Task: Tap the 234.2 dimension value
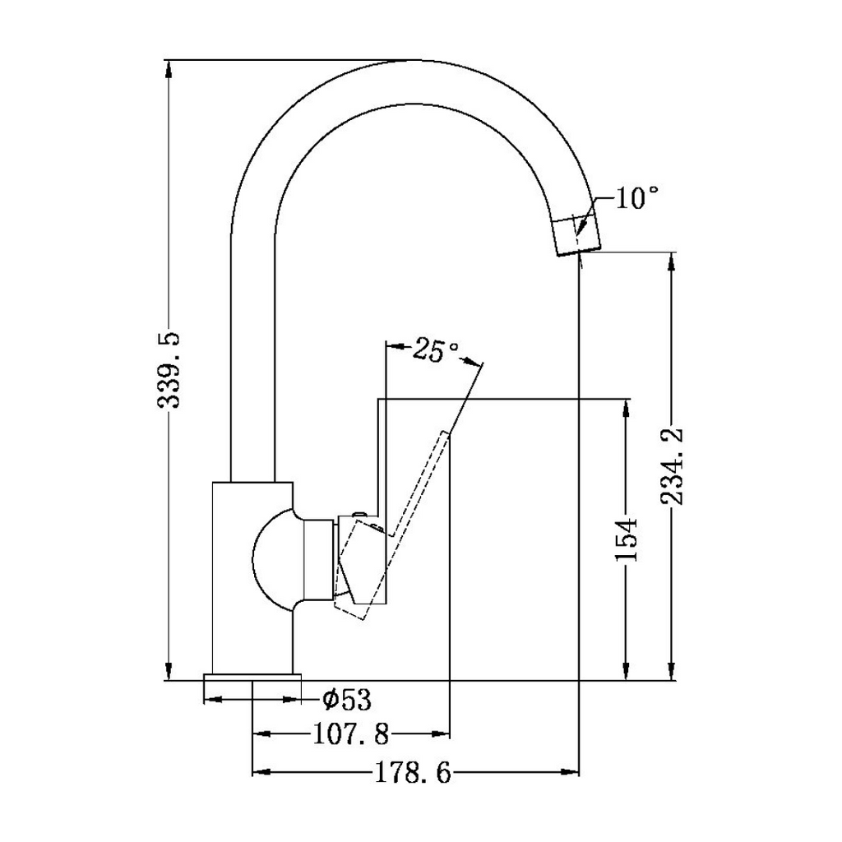tap(673, 466)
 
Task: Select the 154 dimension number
tap(627, 540)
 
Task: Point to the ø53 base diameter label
tap(347, 700)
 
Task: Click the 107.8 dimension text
tap(351, 732)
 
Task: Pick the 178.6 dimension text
tap(414, 773)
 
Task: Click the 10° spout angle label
tap(637, 198)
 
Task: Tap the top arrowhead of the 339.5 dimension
tap(169, 67)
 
